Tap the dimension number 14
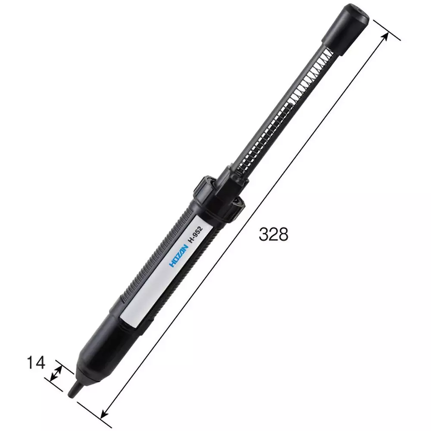coord(36,363)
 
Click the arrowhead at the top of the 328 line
coord(385,36)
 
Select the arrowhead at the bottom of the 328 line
coord(103,414)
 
